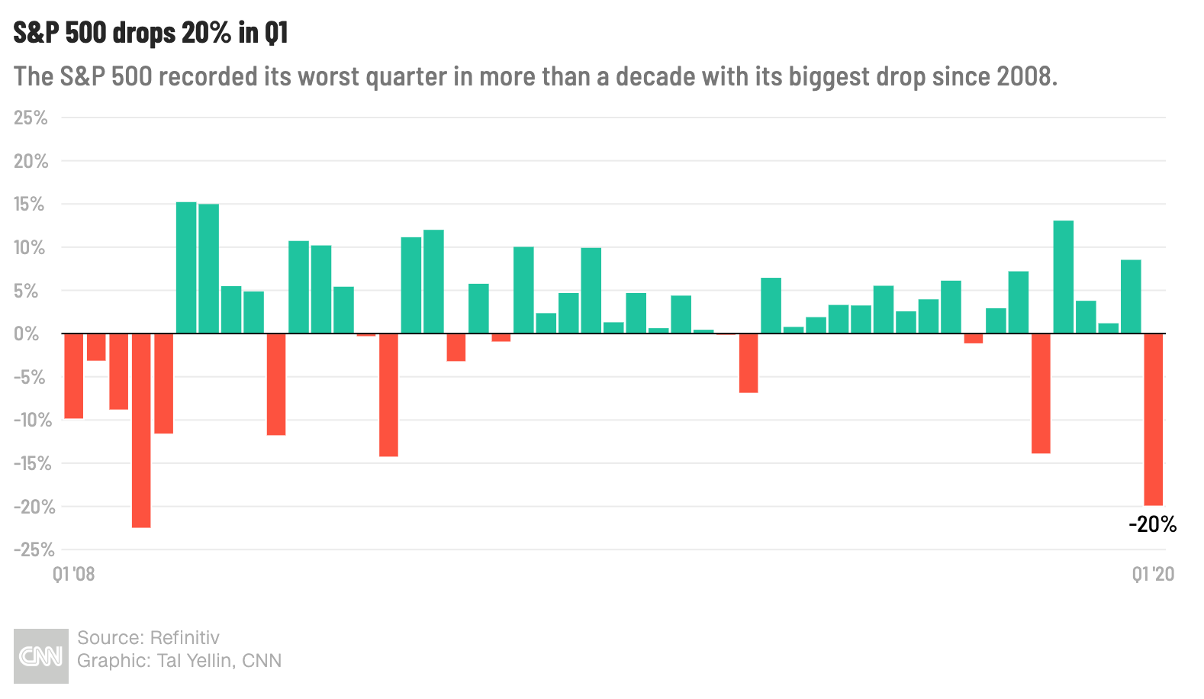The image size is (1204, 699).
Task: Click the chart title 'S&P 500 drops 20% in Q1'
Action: point(151,32)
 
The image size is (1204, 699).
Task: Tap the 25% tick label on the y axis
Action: point(31,118)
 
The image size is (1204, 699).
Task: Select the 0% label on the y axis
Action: point(27,334)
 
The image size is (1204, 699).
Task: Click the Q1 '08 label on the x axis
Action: point(74,575)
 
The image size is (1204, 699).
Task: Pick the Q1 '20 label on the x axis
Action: point(1153,575)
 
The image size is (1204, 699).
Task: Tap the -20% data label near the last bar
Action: point(1153,523)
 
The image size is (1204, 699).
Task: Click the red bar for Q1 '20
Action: point(1154,420)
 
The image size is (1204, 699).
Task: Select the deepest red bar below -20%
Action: point(141,430)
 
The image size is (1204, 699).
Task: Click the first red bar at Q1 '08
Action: point(74,376)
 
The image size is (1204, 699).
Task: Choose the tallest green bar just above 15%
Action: point(186,268)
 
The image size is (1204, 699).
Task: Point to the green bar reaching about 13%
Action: point(1063,277)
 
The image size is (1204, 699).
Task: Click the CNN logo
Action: point(41,656)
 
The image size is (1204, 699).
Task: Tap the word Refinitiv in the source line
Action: point(185,638)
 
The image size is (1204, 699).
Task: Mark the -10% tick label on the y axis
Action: point(34,420)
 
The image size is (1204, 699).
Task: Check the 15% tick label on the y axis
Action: point(30,205)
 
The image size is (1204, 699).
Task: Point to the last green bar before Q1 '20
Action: point(1131,297)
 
